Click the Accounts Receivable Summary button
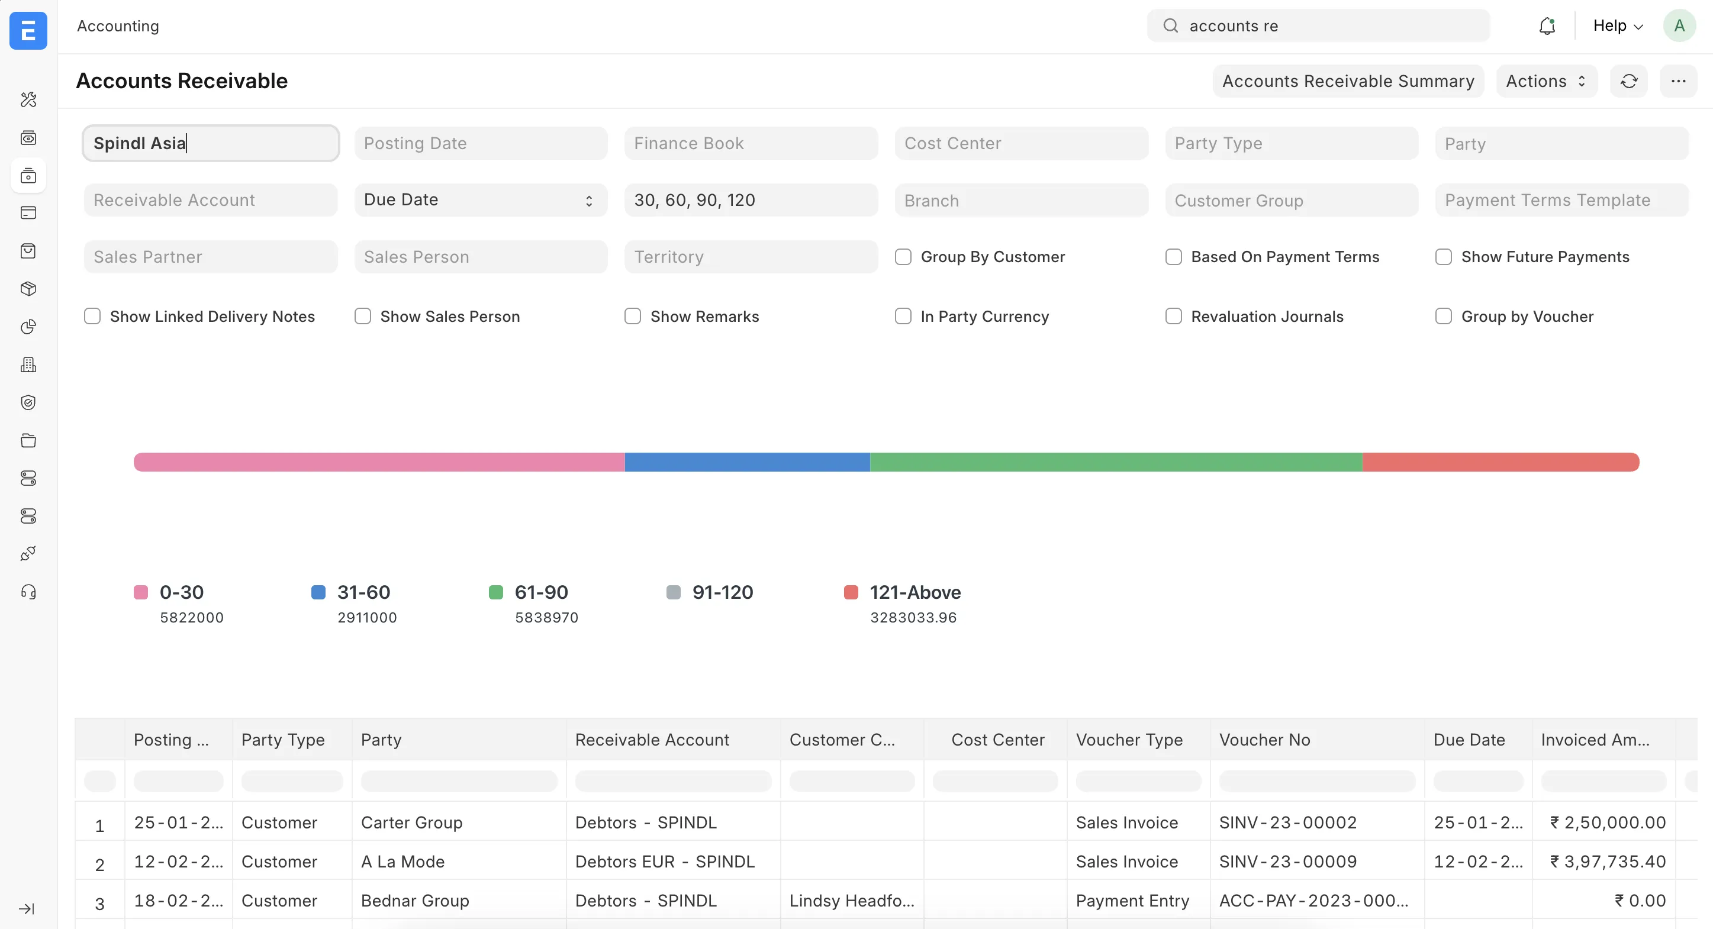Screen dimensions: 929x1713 click(x=1347, y=81)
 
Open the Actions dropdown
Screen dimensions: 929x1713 click(x=1545, y=81)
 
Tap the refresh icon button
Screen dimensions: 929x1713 click(x=1628, y=81)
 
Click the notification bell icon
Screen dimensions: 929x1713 click(x=1547, y=26)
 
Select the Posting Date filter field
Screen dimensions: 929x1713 click(x=480, y=143)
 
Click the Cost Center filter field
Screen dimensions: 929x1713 click(x=1020, y=143)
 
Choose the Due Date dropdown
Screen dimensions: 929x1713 click(x=480, y=199)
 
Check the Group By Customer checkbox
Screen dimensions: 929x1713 click(x=903, y=257)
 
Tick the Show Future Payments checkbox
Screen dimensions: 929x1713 click(x=1443, y=257)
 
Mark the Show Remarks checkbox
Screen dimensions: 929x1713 click(x=632, y=316)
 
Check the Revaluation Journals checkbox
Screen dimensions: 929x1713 click(x=1173, y=316)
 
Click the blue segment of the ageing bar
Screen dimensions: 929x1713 click(x=747, y=462)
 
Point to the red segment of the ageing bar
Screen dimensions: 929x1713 click(x=1500, y=462)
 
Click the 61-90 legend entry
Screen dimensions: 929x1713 click(x=540, y=592)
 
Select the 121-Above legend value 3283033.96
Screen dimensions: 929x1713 click(x=913, y=617)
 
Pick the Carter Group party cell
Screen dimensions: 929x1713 click(x=411, y=822)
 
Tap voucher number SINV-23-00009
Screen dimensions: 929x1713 click(x=1287, y=861)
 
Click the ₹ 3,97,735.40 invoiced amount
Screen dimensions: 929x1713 click(x=1607, y=861)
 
